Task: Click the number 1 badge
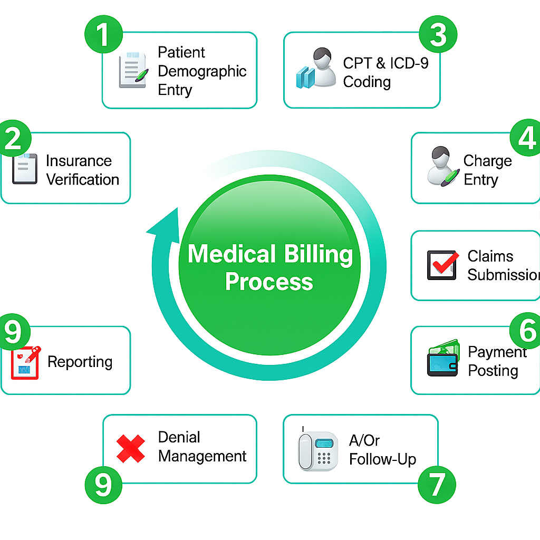[x=103, y=35]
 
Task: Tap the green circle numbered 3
[x=438, y=35]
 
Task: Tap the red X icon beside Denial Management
[x=131, y=449]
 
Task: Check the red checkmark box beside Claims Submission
[x=442, y=265]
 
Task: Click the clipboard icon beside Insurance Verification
[x=24, y=169]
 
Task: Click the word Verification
[x=83, y=179]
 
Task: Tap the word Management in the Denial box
[x=202, y=456]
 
